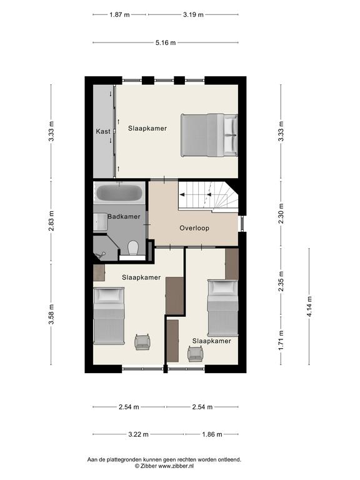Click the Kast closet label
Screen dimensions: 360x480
[x=103, y=131]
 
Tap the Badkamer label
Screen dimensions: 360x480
[x=124, y=216]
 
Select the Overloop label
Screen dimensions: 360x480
[x=194, y=228]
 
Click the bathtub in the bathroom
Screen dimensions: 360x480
[x=119, y=193]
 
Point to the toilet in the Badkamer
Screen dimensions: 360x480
[x=133, y=248]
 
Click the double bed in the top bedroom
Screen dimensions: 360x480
[x=209, y=135]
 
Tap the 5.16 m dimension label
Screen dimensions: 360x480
[x=166, y=43]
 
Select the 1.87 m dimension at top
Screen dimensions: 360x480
[x=120, y=14]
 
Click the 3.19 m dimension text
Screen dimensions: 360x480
[x=194, y=14]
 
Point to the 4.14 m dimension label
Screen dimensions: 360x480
[x=309, y=306]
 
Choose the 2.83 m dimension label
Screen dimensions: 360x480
[x=51, y=221]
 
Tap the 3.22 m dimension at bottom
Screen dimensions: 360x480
[x=138, y=434]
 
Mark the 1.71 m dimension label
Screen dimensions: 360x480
[x=281, y=341]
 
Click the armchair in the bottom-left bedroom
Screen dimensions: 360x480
[x=142, y=342]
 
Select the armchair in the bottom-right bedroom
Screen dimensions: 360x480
[x=196, y=354]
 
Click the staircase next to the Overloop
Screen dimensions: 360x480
[x=208, y=196]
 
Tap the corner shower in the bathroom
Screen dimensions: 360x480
[x=106, y=248]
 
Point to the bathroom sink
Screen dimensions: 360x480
[x=100, y=222]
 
